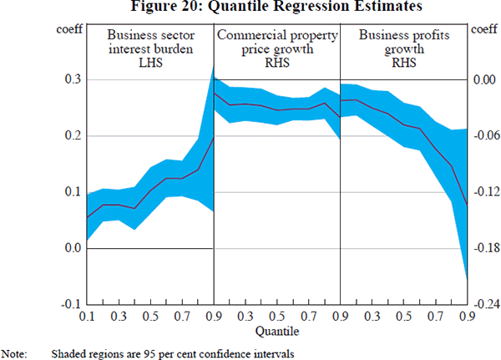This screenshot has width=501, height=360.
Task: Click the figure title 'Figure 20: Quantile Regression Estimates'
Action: click(x=250, y=8)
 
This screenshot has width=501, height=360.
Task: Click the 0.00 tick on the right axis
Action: click(x=483, y=79)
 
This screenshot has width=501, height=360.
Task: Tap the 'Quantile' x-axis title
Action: click(x=276, y=332)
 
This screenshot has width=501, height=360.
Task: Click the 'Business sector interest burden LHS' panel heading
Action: click(x=150, y=49)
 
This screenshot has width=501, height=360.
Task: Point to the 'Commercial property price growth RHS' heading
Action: click(x=276, y=49)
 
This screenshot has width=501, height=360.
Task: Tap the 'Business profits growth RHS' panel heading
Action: click(x=402, y=49)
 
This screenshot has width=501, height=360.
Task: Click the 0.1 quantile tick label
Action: click(x=87, y=317)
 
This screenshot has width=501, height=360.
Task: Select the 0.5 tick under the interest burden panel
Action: click(x=150, y=317)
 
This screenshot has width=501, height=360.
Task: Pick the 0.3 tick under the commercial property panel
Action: click(x=245, y=317)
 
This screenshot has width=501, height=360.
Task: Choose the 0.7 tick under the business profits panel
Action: click(x=435, y=317)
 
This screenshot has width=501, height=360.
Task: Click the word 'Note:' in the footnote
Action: click(x=15, y=352)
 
